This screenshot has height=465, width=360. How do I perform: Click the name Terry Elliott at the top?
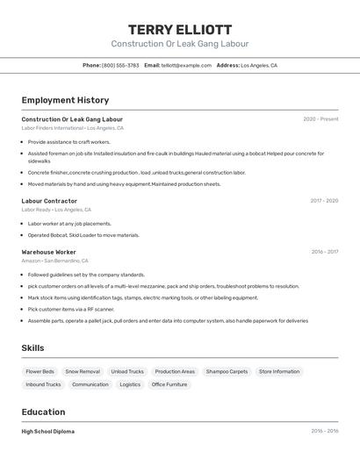(180, 29)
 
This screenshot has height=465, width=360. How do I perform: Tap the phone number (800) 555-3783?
(120, 65)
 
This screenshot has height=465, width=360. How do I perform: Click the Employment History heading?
(65, 101)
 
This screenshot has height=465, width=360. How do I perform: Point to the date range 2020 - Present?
(320, 119)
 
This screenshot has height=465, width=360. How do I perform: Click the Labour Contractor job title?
(49, 201)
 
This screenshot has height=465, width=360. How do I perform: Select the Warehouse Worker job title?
(48, 252)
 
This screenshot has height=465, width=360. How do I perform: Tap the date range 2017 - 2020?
(324, 201)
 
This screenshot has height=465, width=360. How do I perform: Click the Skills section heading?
(33, 348)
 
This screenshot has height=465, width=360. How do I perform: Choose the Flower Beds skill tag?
(40, 371)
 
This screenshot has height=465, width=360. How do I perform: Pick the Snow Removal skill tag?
(83, 371)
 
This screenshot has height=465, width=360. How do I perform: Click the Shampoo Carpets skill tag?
(227, 371)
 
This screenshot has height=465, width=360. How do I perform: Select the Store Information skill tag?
(279, 371)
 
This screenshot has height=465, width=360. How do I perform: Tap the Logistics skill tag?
(130, 384)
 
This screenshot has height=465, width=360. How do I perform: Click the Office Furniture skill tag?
(169, 384)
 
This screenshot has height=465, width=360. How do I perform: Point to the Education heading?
(43, 412)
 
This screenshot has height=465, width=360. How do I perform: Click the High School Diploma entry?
(47, 432)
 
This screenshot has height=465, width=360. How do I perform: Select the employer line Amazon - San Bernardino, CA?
(54, 261)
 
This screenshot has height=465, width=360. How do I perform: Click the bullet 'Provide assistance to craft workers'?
(68, 141)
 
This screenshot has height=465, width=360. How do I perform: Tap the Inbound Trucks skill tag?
(43, 384)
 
